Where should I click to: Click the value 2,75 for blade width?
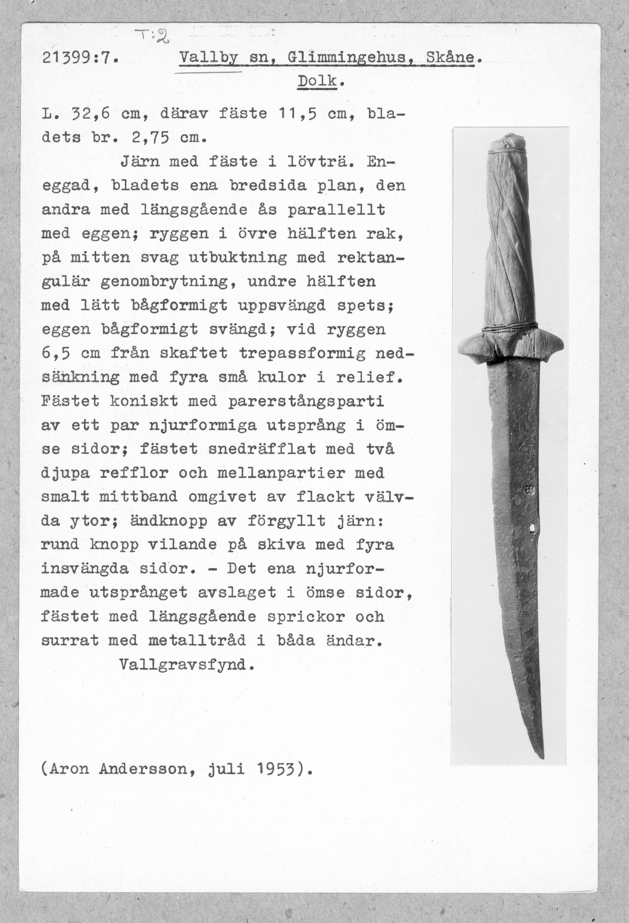click(150, 138)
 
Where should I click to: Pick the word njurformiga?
click(203, 425)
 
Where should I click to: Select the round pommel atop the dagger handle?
click(506, 143)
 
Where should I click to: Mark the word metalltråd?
click(197, 640)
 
